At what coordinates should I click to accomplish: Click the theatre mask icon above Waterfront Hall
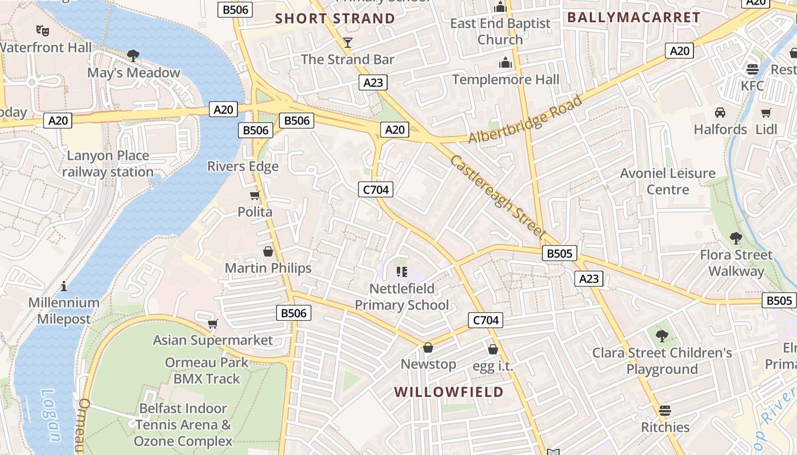pos(42,30)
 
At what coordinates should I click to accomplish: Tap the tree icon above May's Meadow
pos(133,56)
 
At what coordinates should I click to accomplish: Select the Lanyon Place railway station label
pos(108,164)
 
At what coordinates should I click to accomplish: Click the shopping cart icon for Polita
pos(255,196)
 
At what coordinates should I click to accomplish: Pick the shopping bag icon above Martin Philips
pos(268,251)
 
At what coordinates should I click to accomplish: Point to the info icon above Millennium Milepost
pos(64,286)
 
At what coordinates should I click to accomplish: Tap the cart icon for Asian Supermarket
pos(212,324)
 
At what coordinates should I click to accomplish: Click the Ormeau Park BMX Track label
pos(207,370)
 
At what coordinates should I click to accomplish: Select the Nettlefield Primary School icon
pos(402,272)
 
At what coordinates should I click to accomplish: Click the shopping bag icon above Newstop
pos(428,348)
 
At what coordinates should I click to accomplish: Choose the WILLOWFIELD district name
pos(449,392)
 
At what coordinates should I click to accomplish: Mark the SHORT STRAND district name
pos(335,18)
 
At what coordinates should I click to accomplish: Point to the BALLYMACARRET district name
pos(634,18)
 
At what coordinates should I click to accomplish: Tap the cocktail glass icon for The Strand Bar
pos(348,43)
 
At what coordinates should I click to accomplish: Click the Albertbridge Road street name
pos(525,119)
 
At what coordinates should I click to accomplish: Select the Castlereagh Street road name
pos(498,196)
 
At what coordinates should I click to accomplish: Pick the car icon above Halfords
pos(720,113)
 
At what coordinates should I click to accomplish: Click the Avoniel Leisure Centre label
pos(668,181)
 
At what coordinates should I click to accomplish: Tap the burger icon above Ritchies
pos(665,411)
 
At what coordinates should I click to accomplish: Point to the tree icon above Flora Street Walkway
pos(736,238)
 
